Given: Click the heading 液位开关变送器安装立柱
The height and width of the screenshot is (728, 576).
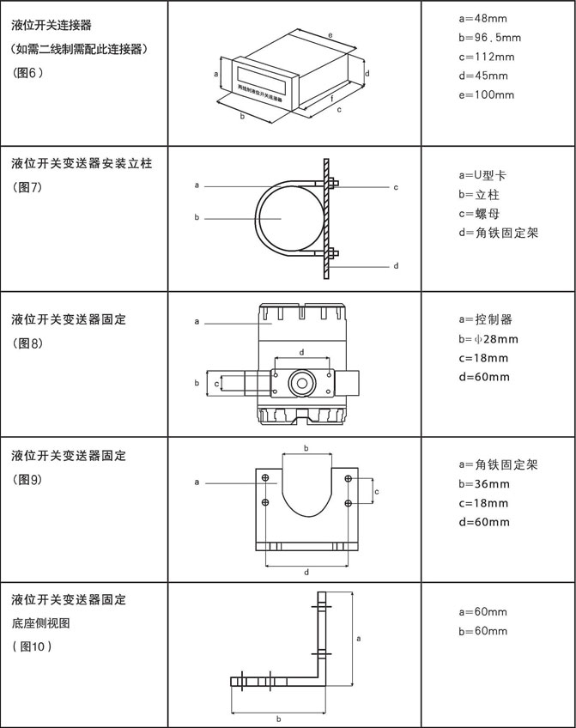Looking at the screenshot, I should click(82, 162).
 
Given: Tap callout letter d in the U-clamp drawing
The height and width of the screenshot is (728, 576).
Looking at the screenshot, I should click(396, 266).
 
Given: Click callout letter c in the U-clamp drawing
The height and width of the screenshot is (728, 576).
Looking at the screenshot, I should click(396, 186).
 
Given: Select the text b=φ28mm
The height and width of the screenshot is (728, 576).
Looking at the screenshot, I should click(488, 338).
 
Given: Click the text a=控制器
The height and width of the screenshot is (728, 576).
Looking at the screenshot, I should click(486, 319).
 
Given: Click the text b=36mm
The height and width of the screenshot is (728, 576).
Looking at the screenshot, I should click(484, 484).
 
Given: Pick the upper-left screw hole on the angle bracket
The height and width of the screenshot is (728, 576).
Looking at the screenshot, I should click(265, 477).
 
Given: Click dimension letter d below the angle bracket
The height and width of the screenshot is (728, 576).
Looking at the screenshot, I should click(306, 571).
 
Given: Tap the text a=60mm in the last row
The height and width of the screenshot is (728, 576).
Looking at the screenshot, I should click(483, 612).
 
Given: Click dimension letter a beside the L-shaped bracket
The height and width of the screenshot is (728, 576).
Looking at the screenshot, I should click(358, 638).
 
